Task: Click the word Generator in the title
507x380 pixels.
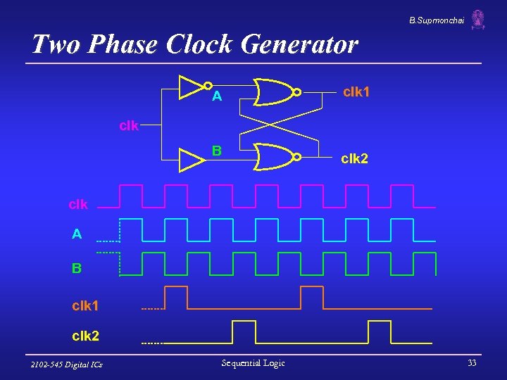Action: tap(299, 44)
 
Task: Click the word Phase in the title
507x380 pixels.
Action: tap(125, 44)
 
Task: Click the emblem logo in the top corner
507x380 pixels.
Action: tap(478, 20)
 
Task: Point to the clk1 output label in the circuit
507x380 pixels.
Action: tap(356, 92)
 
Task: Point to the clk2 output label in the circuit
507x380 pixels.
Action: tap(355, 159)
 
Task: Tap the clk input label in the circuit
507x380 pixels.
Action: tap(129, 127)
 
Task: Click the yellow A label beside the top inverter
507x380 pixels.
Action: tap(217, 96)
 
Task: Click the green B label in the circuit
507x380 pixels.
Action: tap(217, 150)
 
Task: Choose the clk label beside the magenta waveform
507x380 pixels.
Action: tap(78, 205)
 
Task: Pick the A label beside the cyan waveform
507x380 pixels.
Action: tap(77, 234)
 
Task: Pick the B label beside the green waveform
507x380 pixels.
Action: tap(76, 268)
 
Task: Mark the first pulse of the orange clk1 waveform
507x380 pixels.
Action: tap(176, 298)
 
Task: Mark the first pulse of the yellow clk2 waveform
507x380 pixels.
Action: tap(243, 331)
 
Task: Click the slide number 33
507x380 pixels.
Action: tap(472, 363)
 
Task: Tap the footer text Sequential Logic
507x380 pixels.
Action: tap(253, 363)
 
